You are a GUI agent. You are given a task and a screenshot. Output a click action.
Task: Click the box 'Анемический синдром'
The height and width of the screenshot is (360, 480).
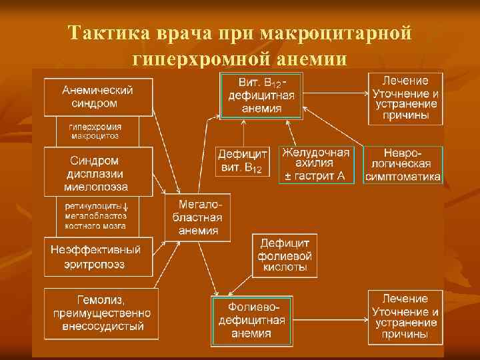tap(98, 97)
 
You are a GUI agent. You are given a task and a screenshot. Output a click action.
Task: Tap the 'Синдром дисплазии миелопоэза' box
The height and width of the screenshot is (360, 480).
tap(98, 172)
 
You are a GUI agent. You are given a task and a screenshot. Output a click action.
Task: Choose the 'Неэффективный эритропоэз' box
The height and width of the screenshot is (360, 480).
tap(98, 257)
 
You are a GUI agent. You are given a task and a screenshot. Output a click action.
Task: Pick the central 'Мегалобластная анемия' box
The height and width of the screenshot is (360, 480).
tap(197, 217)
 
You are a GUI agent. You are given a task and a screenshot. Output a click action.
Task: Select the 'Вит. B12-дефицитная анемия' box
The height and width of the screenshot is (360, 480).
tap(261, 95)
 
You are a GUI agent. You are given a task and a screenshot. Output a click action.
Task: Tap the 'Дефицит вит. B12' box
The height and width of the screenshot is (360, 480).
tap(243, 161)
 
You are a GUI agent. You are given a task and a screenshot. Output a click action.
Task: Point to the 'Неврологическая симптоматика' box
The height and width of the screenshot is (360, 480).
tap(403, 164)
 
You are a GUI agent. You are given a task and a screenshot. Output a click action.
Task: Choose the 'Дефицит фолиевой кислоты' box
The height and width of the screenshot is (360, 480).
tap(285, 255)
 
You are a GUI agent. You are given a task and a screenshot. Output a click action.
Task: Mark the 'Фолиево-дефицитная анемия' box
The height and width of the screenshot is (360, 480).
tap(251, 321)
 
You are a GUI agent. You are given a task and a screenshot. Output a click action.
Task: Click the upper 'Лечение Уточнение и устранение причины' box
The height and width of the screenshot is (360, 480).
tap(405, 98)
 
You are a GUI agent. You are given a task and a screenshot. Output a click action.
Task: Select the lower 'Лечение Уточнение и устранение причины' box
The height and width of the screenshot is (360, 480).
tap(405, 316)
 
